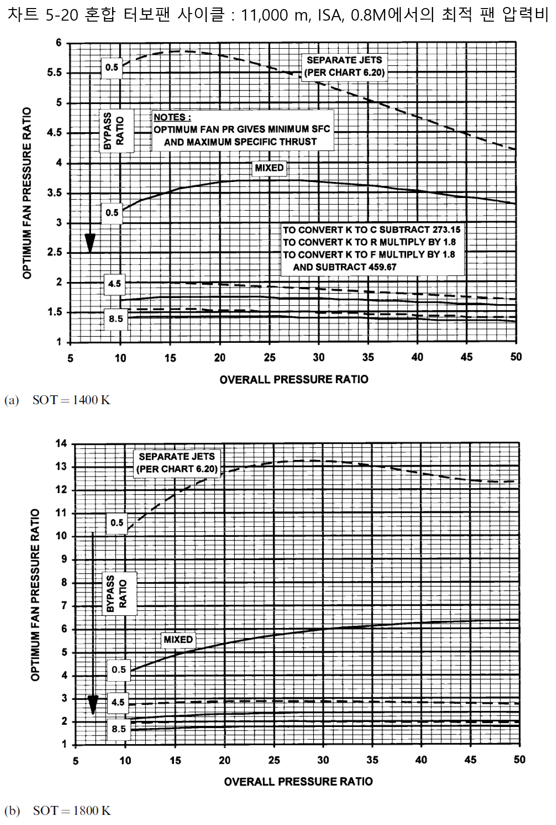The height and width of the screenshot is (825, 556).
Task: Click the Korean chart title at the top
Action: (x=278, y=15)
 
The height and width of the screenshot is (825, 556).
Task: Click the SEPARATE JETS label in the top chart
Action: (x=344, y=60)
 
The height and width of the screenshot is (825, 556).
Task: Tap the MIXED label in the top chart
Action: (x=269, y=168)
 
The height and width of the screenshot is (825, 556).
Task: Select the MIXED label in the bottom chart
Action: (x=178, y=639)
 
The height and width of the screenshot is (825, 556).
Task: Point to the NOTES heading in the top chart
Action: (x=172, y=117)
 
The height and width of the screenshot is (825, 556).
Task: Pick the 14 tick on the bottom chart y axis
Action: (x=61, y=443)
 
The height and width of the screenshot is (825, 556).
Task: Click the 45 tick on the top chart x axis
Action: (x=467, y=357)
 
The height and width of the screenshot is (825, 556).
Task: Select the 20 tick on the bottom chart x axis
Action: (x=224, y=760)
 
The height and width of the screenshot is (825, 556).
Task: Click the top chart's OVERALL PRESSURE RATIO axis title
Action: (x=294, y=380)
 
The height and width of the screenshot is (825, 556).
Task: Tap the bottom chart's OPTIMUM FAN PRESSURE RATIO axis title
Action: (x=35, y=595)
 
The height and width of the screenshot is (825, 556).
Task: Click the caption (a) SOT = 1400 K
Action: (x=57, y=400)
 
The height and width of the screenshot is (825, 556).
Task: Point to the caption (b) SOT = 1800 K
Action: (x=57, y=810)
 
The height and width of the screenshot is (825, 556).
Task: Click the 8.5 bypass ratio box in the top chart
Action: (x=116, y=319)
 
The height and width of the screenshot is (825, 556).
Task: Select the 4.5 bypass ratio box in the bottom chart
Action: (x=118, y=702)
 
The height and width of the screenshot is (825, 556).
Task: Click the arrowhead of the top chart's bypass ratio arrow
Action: (x=90, y=244)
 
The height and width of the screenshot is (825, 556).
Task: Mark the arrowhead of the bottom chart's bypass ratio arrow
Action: (x=93, y=705)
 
